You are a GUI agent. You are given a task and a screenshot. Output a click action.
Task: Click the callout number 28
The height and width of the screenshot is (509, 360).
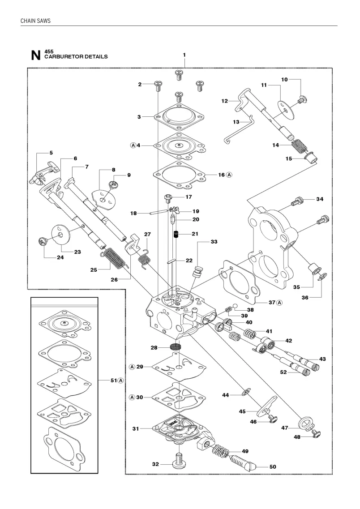154,348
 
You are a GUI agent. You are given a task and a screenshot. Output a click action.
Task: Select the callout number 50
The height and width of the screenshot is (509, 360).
273,467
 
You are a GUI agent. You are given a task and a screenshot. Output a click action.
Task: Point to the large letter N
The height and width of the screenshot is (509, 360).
36,55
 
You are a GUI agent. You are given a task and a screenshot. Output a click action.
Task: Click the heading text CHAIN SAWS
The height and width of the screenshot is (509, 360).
35,21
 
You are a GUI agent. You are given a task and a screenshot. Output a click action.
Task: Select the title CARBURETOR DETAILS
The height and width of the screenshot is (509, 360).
76,56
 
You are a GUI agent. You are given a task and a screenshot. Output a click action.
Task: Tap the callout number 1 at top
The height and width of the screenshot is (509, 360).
184,55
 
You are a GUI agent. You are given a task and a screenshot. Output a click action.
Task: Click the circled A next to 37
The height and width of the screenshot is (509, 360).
279,303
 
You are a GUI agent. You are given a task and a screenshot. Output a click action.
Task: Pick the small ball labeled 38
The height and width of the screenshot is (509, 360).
236,305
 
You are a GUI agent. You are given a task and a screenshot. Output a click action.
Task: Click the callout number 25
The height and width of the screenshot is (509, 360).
94,270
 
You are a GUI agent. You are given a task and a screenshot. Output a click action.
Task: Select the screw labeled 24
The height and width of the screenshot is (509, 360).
42,242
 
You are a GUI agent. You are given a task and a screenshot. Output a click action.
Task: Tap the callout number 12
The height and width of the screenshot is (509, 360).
225,101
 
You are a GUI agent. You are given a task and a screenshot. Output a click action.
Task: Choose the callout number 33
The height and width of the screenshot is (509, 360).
214,242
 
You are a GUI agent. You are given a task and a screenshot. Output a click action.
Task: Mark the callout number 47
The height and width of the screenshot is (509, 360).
285,428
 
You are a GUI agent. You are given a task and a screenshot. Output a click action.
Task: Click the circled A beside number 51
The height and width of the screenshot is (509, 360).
121,381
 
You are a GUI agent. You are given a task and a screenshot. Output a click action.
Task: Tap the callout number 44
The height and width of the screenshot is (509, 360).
226,395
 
